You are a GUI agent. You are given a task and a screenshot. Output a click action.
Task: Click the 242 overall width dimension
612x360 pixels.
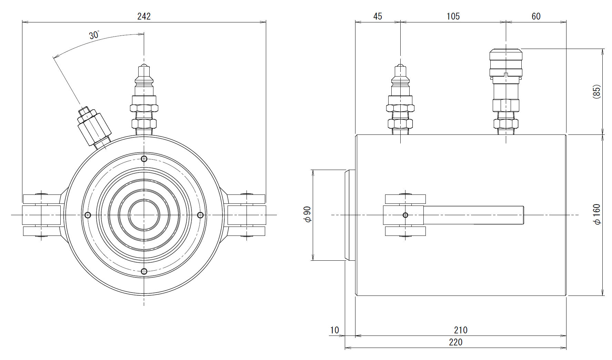[x=144, y=17]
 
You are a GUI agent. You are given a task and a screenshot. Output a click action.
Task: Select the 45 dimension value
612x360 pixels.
[x=378, y=17]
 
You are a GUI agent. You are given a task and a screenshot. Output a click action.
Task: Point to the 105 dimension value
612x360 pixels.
[x=453, y=17]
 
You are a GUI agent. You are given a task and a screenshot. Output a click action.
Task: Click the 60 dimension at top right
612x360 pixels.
[x=536, y=17]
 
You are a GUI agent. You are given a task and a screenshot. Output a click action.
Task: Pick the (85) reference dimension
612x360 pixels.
[x=596, y=92]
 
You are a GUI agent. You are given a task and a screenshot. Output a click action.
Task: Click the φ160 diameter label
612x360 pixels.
[x=597, y=215]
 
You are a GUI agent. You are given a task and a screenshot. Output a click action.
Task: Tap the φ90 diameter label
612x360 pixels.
[x=307, y=214]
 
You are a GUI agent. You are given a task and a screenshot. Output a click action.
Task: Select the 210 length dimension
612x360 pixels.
[x=460, y=330]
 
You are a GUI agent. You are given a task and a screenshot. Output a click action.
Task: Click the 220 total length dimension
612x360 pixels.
[x=455, y=342]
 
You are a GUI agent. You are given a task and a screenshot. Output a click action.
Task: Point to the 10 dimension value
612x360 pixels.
[x=334, y=330]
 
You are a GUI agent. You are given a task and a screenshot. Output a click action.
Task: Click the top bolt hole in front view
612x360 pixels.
[x=144, y=159]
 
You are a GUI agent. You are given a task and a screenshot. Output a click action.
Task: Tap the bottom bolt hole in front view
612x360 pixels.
[x=144, y=271]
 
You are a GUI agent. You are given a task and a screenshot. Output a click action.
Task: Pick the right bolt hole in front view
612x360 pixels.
[x=200, y=215]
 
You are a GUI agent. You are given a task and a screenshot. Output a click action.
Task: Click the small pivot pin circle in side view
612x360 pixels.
[x=405, y=215]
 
